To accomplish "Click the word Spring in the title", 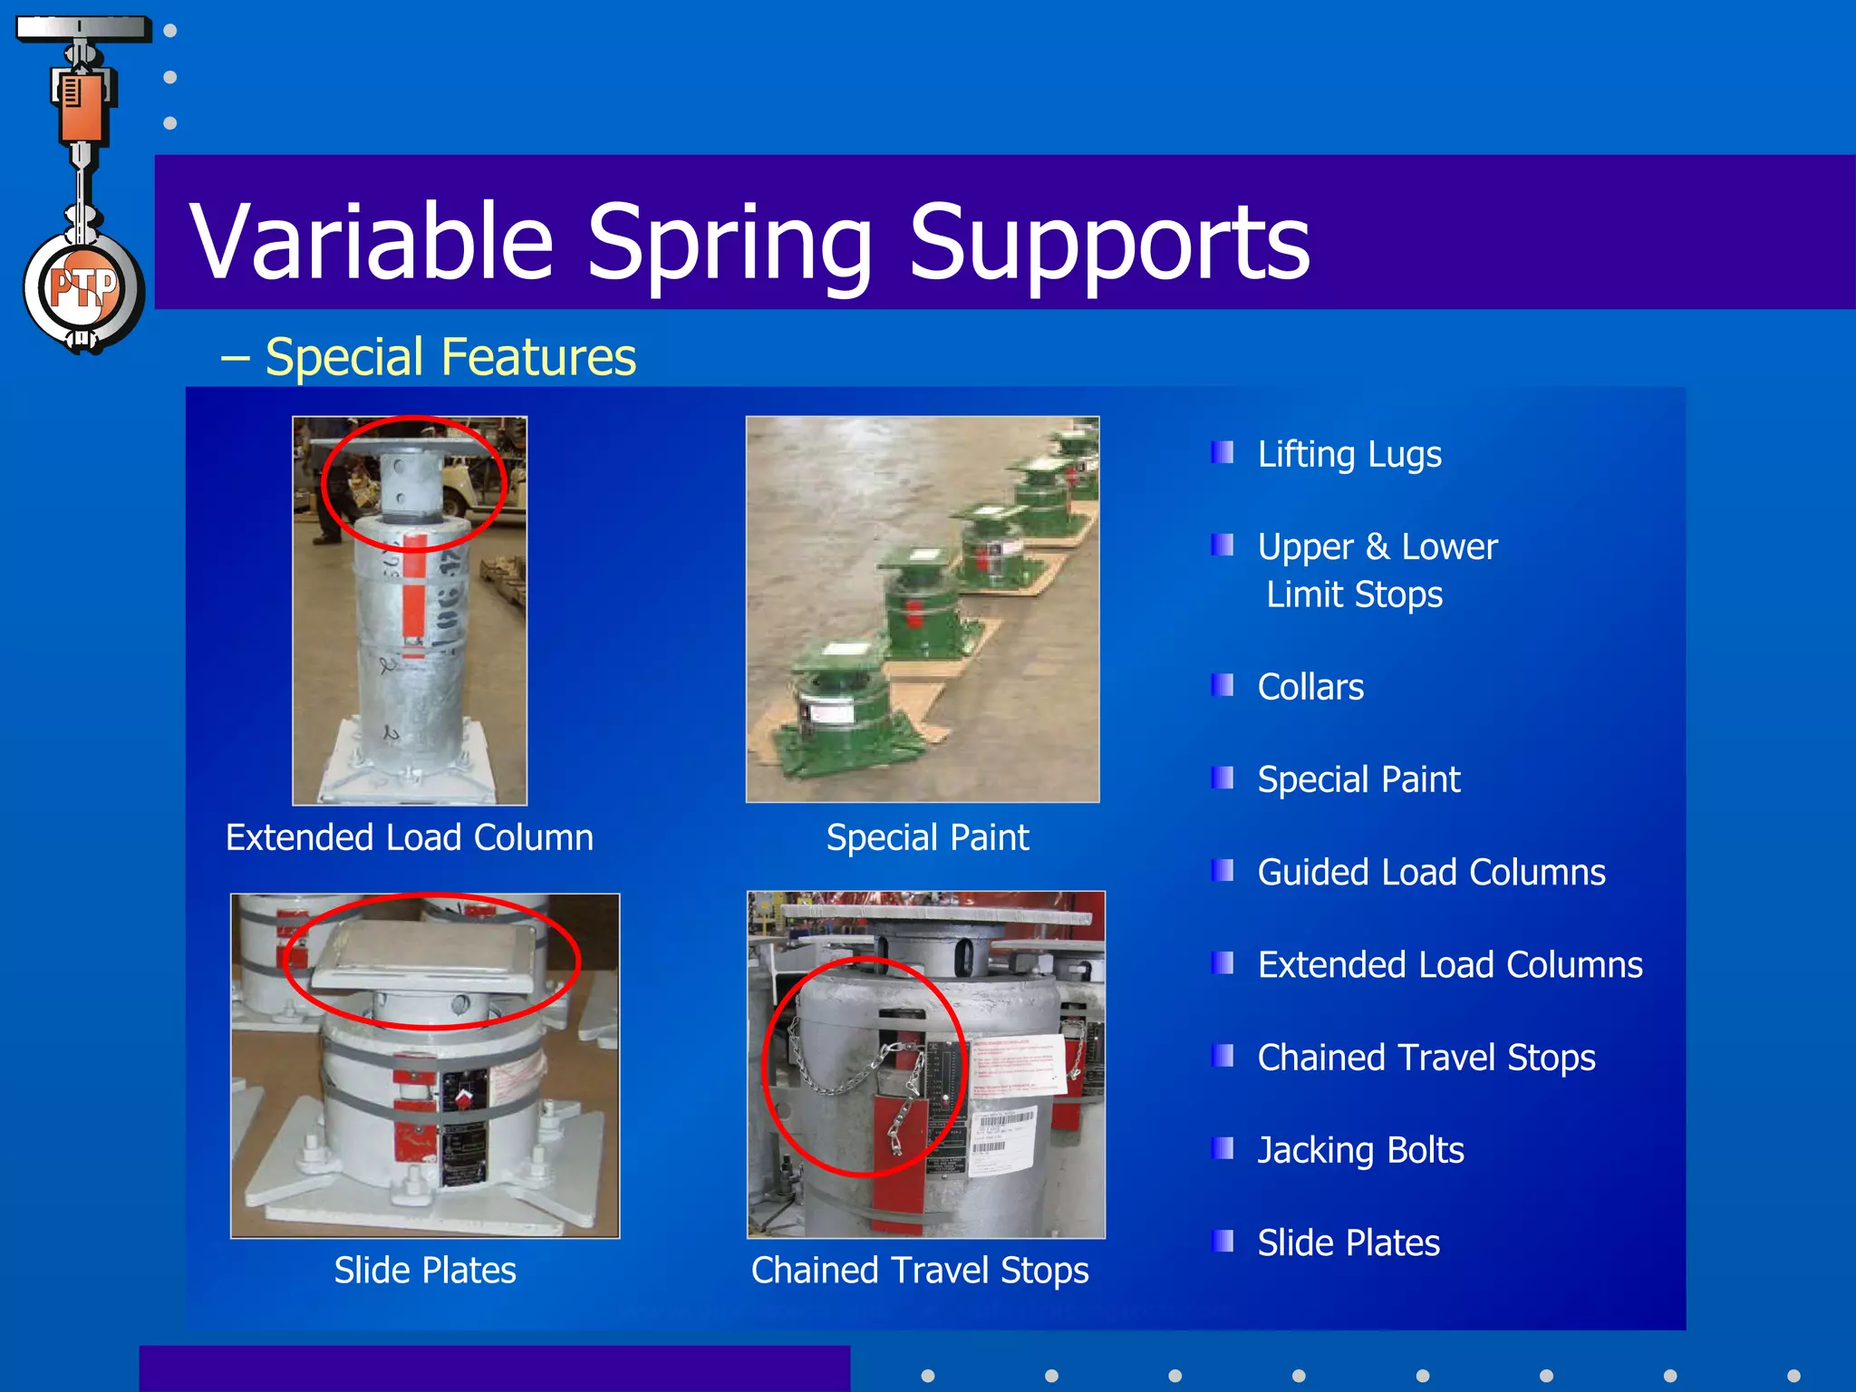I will [x=730, y=243].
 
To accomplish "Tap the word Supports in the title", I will [x=1109, y=243].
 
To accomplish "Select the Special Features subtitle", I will [x=449, y=356].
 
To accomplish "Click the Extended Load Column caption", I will [x=409, y=837].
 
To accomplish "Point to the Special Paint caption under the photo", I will [x=927, y=837].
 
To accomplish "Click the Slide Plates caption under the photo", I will [x=424, y=1270].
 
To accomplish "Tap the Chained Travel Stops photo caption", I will [x=919, y=1270].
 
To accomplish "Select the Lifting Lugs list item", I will [x=1348, y=454].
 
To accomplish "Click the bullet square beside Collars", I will [x=1223, y=685].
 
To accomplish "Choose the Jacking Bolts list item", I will [x=1359, y=1150].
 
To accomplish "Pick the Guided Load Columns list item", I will [x=1431, y=872].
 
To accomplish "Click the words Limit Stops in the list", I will [x=1354, y=594].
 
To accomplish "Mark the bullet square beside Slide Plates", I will [x=1223, y=1241].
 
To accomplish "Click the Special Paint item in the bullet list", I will [x=1358, y=779].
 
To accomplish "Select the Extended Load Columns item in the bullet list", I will [x=1449, y=965].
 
